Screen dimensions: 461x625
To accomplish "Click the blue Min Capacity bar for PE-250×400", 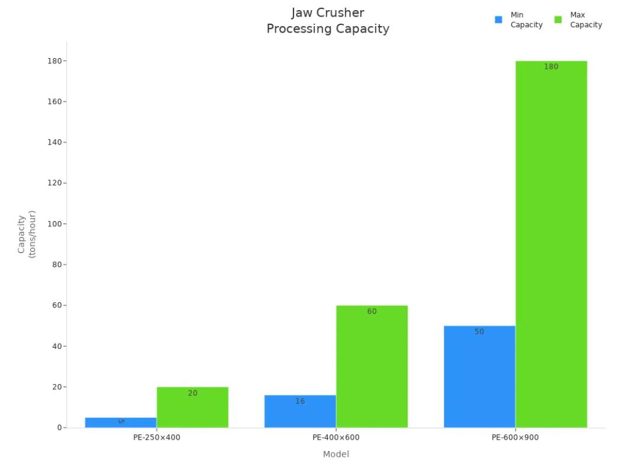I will click(x=121, y=422).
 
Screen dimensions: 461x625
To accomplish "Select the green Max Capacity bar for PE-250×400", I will click(x=192, y=408).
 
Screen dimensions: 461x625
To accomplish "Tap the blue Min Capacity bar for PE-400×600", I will click(x=300, y=411).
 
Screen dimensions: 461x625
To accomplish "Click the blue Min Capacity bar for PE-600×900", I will click(x=479, y=376).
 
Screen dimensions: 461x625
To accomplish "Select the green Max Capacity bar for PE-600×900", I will click(x=551, y=244).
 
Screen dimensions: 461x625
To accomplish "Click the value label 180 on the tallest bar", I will click(x=551, y=67).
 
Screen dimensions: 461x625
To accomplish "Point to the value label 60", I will click(x=372, y=312).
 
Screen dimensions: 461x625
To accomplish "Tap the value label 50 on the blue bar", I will click(x=479, y=332).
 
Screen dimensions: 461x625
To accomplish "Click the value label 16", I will click(x=300, y=401).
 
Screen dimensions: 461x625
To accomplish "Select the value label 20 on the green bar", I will click(x=192, y=393).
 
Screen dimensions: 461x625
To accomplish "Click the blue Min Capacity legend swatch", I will click(x=498, y=20).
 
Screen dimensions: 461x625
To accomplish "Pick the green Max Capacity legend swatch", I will click(x=558, y=20).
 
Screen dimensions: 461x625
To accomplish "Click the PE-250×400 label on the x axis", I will click(x=157, y=438).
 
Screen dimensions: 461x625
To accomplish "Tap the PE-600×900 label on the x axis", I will click(x=516, y=438).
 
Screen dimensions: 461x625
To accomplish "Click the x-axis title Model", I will click(x=336, y=454).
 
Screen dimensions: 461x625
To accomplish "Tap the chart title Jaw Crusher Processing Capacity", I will click(x=328, y=21).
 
